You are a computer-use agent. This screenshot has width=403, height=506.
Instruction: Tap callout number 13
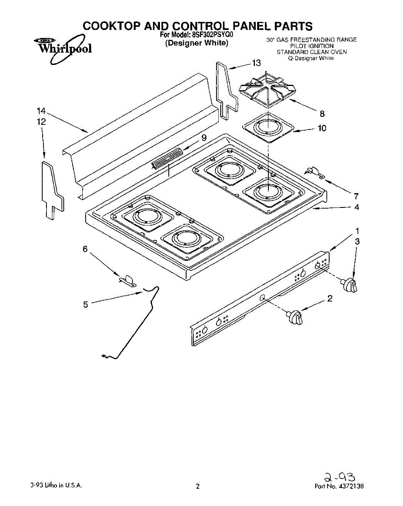(x=257, y=63)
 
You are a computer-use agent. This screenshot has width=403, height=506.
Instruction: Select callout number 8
(x=322, y=113)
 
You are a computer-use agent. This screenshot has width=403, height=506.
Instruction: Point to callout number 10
(x=322, y=128)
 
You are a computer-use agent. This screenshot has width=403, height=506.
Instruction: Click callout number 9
(x=204, y=137)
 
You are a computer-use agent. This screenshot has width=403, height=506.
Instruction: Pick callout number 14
(x=41, y=111)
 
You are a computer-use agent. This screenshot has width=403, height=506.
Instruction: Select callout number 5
(x=85, y=304)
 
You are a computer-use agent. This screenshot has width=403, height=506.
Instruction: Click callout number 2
(x=330, y=299)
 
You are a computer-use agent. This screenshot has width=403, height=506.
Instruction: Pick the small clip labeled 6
(x=127, y=279)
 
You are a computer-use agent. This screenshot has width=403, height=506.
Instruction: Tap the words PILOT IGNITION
(x=311, y=46)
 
